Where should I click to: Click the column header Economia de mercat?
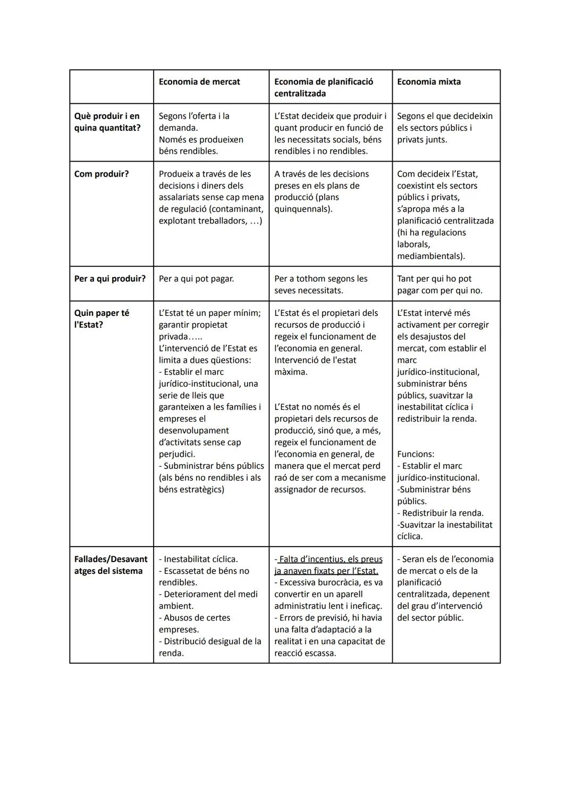(x=199, y=82)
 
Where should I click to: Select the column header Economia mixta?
(x=429, y=82)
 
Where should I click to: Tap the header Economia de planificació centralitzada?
(x=324, y=87)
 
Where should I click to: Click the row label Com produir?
(x=102, y=174)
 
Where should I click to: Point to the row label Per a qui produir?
(x=110, y=279)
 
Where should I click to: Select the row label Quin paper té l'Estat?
(x=102, y=319)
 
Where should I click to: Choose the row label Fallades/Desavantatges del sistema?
(x=111, y=565)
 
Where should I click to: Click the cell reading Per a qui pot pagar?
(x=196, y=279)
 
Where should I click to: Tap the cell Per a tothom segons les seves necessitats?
(x=320, y=285)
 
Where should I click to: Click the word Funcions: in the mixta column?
(x=416, y=454)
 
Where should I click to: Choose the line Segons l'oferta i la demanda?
(x=194, y=122)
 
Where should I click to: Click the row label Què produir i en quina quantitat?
(x=107, y=122)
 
